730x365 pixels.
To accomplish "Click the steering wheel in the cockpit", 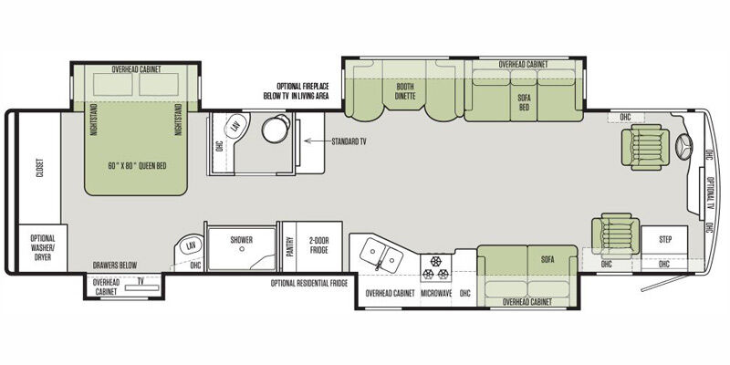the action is coord(683,147).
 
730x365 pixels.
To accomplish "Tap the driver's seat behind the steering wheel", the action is coord(645,147).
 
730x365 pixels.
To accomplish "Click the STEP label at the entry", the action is coord(665,240).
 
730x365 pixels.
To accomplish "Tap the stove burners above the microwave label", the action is coord(436,268).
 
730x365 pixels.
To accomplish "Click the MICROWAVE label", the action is coord(436,293).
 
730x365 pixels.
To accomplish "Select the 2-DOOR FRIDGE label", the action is coord(318,245).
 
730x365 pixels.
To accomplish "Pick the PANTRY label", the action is coord(289,246).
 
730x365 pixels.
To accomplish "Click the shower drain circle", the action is coord(242,249).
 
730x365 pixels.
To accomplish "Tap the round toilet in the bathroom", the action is coord(276,128).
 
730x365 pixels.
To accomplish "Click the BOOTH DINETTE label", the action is coord(405,91).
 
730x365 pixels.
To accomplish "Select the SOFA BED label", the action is coord(524,102).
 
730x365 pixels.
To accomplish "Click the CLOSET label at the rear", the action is coord(39,168).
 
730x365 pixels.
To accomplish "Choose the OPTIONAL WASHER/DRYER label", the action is coord(42,247).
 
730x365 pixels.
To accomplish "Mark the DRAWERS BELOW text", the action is coord(115,266).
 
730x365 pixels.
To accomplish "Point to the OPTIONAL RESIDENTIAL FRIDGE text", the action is coord(309,283).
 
